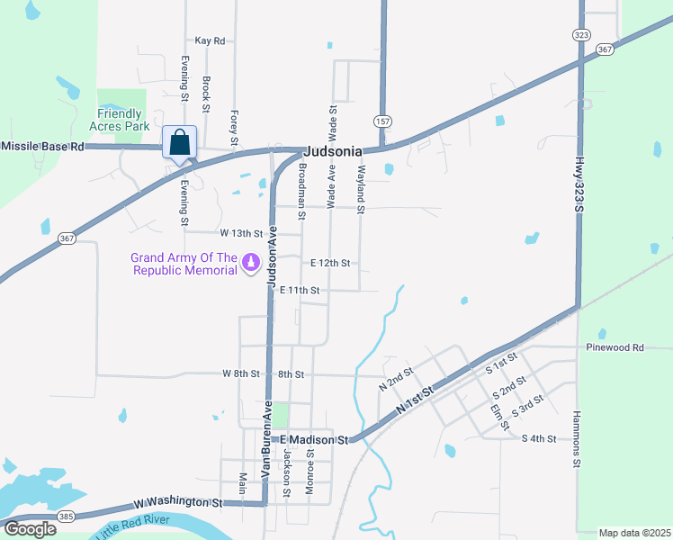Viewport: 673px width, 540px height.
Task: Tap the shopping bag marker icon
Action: (x=180, y=143)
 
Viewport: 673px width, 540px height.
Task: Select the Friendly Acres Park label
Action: (x=120, y=120)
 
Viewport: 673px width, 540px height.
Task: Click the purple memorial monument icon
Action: (x=251, y=264)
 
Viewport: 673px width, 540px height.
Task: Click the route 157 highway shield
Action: (x=383, y=120)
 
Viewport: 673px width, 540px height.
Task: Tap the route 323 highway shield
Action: (x=580, y=34)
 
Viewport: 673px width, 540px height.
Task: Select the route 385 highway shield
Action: (x=67, y=518)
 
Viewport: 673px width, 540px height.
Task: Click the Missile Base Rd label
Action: (x=42, y=146)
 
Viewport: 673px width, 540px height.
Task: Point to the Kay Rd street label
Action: (x=210, y=40)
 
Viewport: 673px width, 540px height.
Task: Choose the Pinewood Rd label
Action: (x=615, y=346)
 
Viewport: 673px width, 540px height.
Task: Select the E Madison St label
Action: (x=313, y=439)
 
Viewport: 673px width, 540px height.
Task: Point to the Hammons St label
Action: (x=577, y=440)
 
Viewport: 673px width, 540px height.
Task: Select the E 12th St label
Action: (x=329, y=264)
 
